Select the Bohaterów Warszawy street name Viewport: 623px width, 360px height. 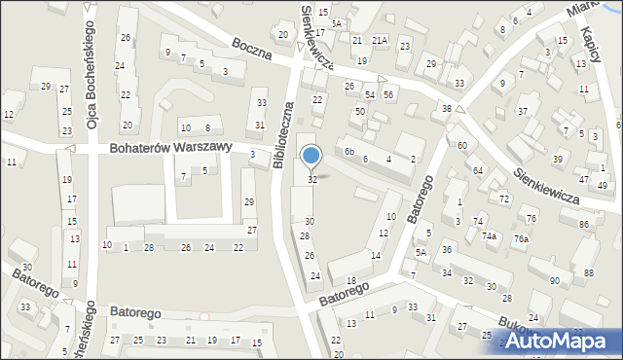click(169, 147)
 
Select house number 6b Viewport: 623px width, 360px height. click(348, 152)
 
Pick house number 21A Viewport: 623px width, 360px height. click(379, 40)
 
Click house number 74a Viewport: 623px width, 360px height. click(492, 236)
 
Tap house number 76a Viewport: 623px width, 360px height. click(521, 239)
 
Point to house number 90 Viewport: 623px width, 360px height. click(554, 281)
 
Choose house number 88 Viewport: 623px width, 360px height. click(589, 272)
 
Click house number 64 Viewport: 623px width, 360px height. click(478, 170)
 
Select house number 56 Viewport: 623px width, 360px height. click(387, 94)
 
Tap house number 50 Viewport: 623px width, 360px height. click(359, 112)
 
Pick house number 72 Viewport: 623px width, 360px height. click(503, 198)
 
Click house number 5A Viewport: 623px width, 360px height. click(421, 252)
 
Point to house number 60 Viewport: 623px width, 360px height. click(461, 145)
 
